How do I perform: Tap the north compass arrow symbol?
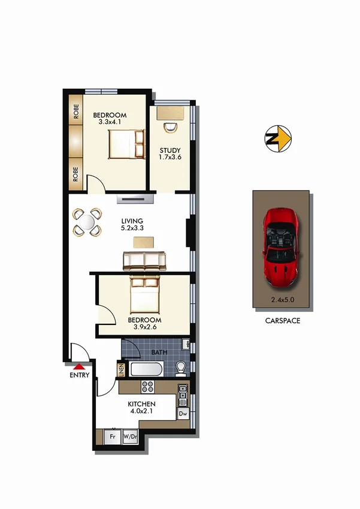[278, 139]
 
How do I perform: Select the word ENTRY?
[79, 376]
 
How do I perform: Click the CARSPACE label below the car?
[282, 321]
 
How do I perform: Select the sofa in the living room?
[143, 260]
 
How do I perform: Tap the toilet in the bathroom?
[180, 366]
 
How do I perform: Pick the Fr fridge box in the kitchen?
[111, 437]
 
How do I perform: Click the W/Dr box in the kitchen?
[129, 437]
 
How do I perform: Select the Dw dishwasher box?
[183, 414]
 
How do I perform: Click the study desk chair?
[170, 126]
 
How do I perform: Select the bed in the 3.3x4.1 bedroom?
[126, 144]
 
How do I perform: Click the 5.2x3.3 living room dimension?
[131, 229]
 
